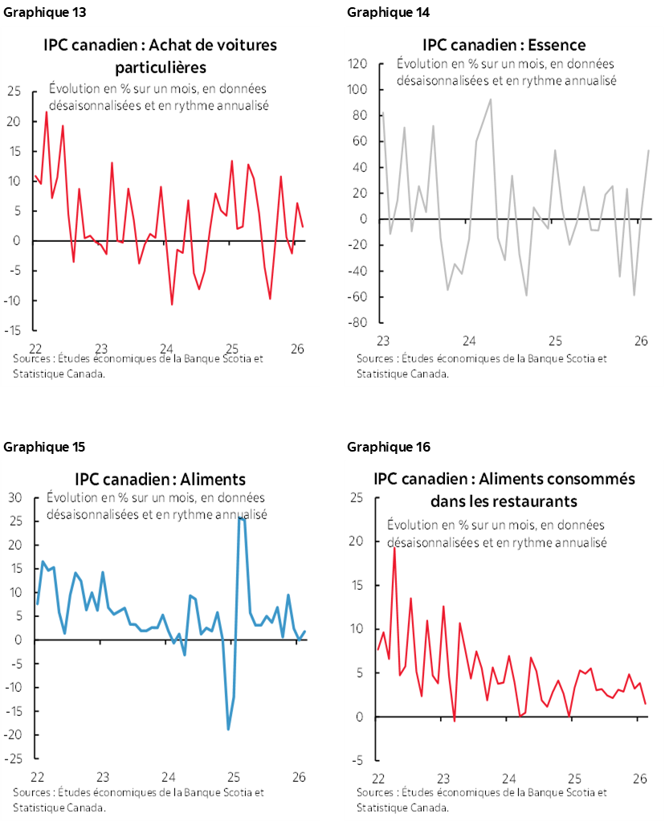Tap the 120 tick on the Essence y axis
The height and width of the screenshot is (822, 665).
click(358, 63)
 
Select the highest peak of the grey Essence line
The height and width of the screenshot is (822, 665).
click(491, 99)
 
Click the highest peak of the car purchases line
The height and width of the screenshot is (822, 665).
click(46, 112)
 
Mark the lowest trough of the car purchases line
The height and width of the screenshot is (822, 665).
click(172, 305)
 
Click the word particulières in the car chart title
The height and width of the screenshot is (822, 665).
click(160, 66)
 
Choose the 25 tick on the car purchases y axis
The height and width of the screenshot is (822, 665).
click(14, 92)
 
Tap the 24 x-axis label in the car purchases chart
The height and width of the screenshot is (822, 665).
click(167, 350)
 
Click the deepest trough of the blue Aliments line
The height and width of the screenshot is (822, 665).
click(228, 730)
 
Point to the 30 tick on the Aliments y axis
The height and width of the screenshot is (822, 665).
click(14, 497)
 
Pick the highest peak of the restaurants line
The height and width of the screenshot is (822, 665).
click(394, 547)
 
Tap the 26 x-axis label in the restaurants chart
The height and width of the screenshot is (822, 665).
click(640, 779)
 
